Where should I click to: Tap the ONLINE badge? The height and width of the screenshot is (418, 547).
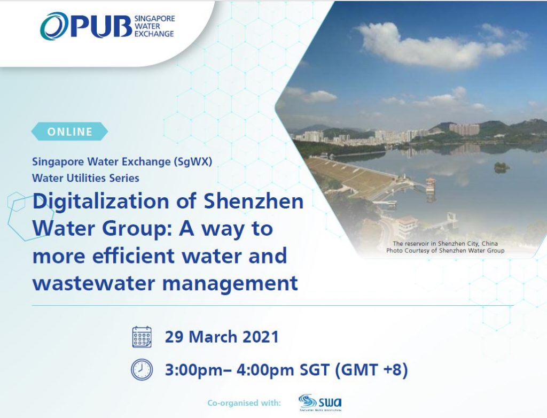click(70, 131)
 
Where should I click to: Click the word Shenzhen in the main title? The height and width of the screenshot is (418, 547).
click(253, 202)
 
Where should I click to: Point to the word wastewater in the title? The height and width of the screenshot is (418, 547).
click(93, 283)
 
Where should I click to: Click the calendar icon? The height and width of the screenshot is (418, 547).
click(142, 337)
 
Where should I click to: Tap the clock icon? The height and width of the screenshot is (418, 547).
click(142, 369)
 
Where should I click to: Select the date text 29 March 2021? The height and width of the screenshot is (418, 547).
click(222, 337)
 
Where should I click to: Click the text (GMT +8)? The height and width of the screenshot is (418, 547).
click(372, 370)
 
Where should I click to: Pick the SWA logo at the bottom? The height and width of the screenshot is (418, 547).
click(321, 402)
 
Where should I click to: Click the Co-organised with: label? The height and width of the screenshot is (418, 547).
click(244, 403)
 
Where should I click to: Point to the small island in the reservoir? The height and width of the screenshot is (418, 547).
click(502, 167)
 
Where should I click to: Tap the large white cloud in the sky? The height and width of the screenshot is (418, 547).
click(436, 45)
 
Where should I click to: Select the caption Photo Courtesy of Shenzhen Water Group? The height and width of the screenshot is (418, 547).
click(445, 250)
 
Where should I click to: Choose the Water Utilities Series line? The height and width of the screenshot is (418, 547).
click(85, 178)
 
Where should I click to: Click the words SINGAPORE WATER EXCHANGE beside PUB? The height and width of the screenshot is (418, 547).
click(154, 26)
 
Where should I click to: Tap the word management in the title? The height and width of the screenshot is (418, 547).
click(230, 284)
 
